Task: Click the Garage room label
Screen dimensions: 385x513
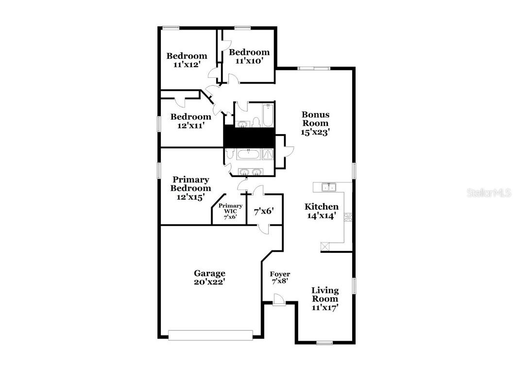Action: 209,273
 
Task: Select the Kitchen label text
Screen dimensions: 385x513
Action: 321,207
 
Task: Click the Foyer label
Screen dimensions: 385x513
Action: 280,274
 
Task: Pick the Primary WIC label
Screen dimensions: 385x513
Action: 230,206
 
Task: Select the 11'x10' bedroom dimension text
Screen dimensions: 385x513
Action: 249,61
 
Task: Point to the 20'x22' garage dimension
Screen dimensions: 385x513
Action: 209,281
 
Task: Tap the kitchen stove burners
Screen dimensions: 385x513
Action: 348,217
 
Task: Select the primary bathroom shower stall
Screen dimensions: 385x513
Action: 268,154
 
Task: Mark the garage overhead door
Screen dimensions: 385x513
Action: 210,334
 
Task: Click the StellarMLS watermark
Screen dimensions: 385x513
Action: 489,193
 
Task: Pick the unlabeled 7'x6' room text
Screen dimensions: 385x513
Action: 264,211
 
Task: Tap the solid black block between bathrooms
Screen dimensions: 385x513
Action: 249,137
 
